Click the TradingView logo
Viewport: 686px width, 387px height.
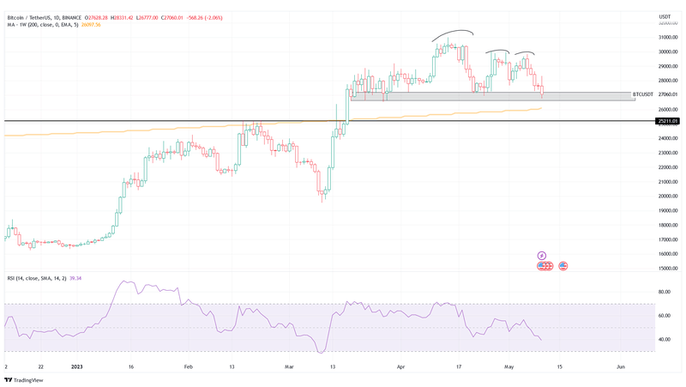(x=26, y=379)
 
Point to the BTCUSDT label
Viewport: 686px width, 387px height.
(x=643, y=94)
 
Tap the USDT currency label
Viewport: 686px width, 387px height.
(x=665, y=16)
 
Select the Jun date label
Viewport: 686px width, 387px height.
(x=620, y=366)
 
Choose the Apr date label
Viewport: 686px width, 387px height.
(x=400, y=366)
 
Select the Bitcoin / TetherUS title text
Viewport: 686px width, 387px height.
(x=33, y=15)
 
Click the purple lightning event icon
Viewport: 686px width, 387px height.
(x=542, y=256)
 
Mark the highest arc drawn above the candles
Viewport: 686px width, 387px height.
(x=452, y=34)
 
